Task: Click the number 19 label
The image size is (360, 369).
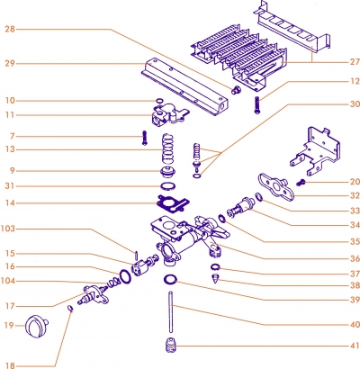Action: (9, 324)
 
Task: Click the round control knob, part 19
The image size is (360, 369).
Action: (37, 322)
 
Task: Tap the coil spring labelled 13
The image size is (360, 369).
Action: (166, 148)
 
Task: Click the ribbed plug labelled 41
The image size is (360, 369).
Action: (168, 346)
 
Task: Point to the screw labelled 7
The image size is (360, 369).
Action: (143, 138)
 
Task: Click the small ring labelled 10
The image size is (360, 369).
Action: (158, 100)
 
